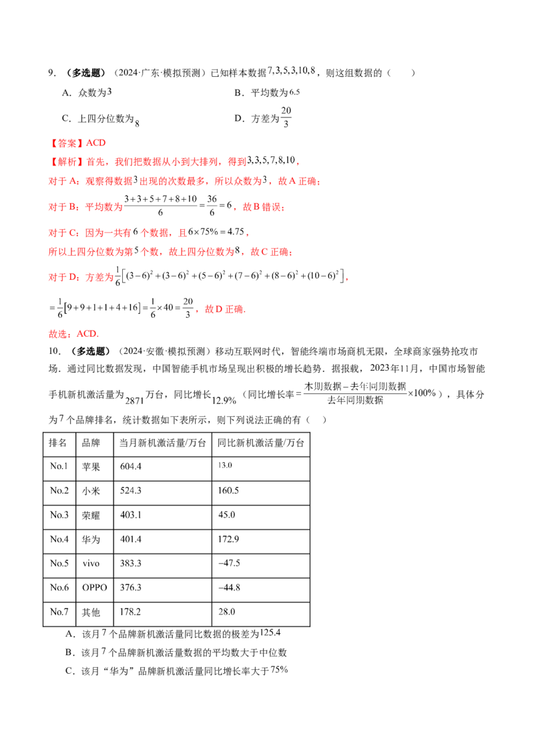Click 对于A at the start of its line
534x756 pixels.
pos(56,182)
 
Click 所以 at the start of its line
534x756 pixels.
pos(56,252)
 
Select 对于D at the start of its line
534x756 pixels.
pos(56,276)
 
